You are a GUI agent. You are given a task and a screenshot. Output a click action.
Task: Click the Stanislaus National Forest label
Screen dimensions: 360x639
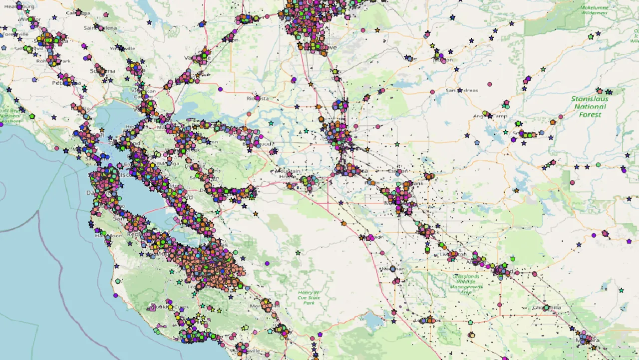(590, 106)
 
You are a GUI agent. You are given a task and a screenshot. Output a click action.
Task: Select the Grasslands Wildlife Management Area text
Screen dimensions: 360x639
(465, 283)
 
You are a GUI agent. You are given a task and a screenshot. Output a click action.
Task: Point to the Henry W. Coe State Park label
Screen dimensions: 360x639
(309, 297)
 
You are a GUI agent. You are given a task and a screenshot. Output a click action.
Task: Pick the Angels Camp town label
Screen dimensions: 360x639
(489, 116)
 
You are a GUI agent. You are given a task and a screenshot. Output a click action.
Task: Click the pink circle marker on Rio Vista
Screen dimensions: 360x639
(258, 98)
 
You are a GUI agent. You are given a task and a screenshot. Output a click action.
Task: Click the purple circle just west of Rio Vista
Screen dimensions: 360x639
(220, 89)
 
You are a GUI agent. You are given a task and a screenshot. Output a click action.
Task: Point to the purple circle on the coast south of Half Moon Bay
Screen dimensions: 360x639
(115, 295)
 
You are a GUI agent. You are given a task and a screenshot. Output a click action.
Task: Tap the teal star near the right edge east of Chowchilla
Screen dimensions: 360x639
(622, 290)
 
